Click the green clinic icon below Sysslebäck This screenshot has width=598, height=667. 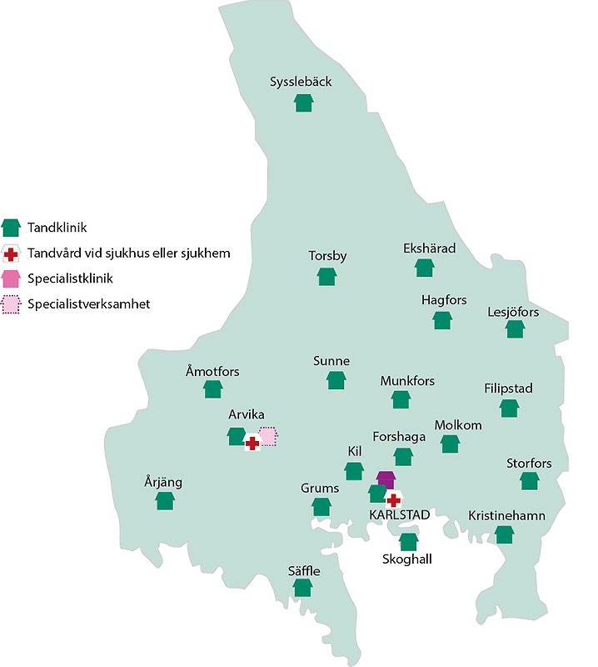coord(303,103)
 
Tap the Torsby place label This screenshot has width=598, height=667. coord(327,256)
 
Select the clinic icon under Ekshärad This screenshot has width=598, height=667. coord(425,268)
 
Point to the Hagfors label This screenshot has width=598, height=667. coord(444,300)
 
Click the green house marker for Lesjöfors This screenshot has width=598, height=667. coord(515,328)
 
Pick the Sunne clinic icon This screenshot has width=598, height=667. coord(336,381)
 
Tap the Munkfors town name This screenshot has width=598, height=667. coord(407,381)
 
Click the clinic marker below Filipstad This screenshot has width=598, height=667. coord(509,408)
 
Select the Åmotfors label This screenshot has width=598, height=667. coord(213,370)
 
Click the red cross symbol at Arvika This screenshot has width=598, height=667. coord(252,444)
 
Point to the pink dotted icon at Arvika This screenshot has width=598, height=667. coord(268,436)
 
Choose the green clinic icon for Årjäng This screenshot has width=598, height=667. coord(165,500)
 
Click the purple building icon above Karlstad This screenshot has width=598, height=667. coord(385,479)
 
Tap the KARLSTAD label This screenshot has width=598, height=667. coord(400,515)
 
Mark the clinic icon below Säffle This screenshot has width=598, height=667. coord(302,588)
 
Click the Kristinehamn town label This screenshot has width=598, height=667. coord(506,515)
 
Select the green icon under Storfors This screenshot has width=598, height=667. coord(529,481)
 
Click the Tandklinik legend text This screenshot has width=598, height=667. coord(57,227)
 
